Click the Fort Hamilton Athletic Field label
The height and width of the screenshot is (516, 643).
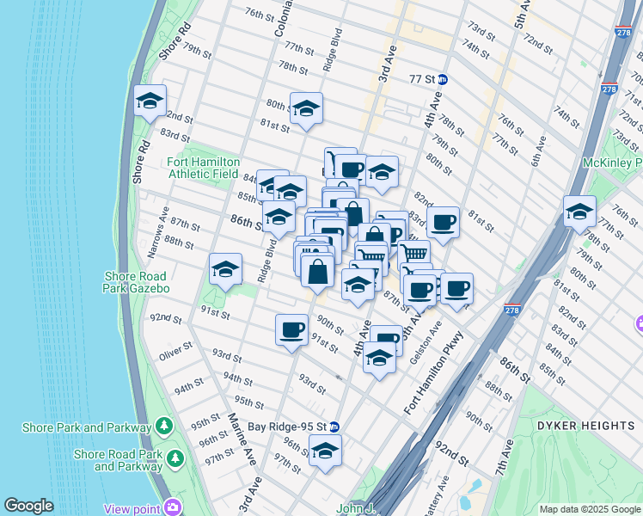[x=203, y=168]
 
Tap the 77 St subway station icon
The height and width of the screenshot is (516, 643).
[x=442, y=79]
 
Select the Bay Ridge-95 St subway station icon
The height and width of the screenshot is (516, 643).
[x=334, y=427]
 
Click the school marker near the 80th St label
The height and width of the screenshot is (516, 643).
[x=305, y=109]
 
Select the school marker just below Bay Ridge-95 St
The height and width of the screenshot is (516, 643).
[x=325, y=451]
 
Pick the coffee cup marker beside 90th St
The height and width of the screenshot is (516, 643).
[x=291, y=329]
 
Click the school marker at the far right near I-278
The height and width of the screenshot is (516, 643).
[x=580, y=211]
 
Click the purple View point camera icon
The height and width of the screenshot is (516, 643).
[x=175, y=507]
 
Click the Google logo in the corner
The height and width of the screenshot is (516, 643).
[x=28, y=506]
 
